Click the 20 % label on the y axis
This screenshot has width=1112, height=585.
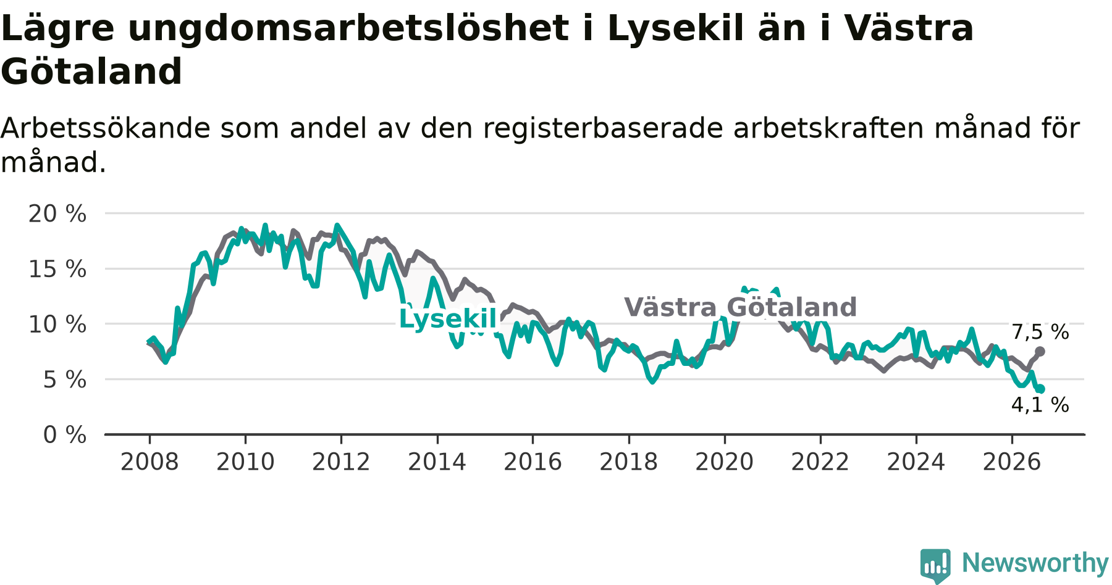pyautogui.click(x=57, y=214)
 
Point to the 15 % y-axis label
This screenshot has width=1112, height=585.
pyautogui.click(x=57, y=269)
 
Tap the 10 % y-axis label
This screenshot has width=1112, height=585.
pyautogui.click(x=57, y=324)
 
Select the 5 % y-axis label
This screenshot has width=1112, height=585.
pyautogui.click(x=65, y=380)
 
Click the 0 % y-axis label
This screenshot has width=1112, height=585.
pyautogui.click(x=65, y=435)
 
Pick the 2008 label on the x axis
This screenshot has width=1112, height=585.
pyautogui.click(x=150, y=462)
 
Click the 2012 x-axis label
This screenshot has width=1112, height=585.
pyautogui.click(x=341, y=462)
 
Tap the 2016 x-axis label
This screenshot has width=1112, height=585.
pyautogui.click(x=533, y=462)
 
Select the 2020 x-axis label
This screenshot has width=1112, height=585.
pyautogui.click(x=725, y=462)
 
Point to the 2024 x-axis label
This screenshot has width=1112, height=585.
pyautogui.click(x=916, y=462)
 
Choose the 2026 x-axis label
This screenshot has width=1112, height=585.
pyautogui.click(x=1012, y=462)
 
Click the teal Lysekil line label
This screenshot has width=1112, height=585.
pyautogui.click(x=448, y=319)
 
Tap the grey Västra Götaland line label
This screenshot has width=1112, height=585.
pyautogui.click(x=741, y=307)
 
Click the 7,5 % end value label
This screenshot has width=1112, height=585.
pyautogui.click(x=1040, y=332)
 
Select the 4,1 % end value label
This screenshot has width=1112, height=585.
pyautogui.click(x=1040, y=405)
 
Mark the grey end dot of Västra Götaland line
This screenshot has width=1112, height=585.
pyautogui.click(x=1040, y=351)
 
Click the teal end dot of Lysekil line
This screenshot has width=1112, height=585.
pyautogui.click(x=1040, y=389)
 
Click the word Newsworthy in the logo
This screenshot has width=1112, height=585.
pyautogui.click(x=1035, y=563)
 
